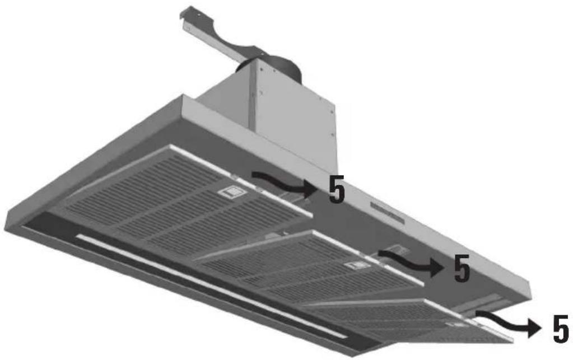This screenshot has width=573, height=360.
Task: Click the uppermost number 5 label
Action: [x=337, y=189]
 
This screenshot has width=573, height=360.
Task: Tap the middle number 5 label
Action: [x=462, y=268]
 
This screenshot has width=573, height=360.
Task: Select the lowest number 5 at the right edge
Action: [x=561, y=329]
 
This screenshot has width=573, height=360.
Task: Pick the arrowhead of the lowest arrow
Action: [x=534, y=328]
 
